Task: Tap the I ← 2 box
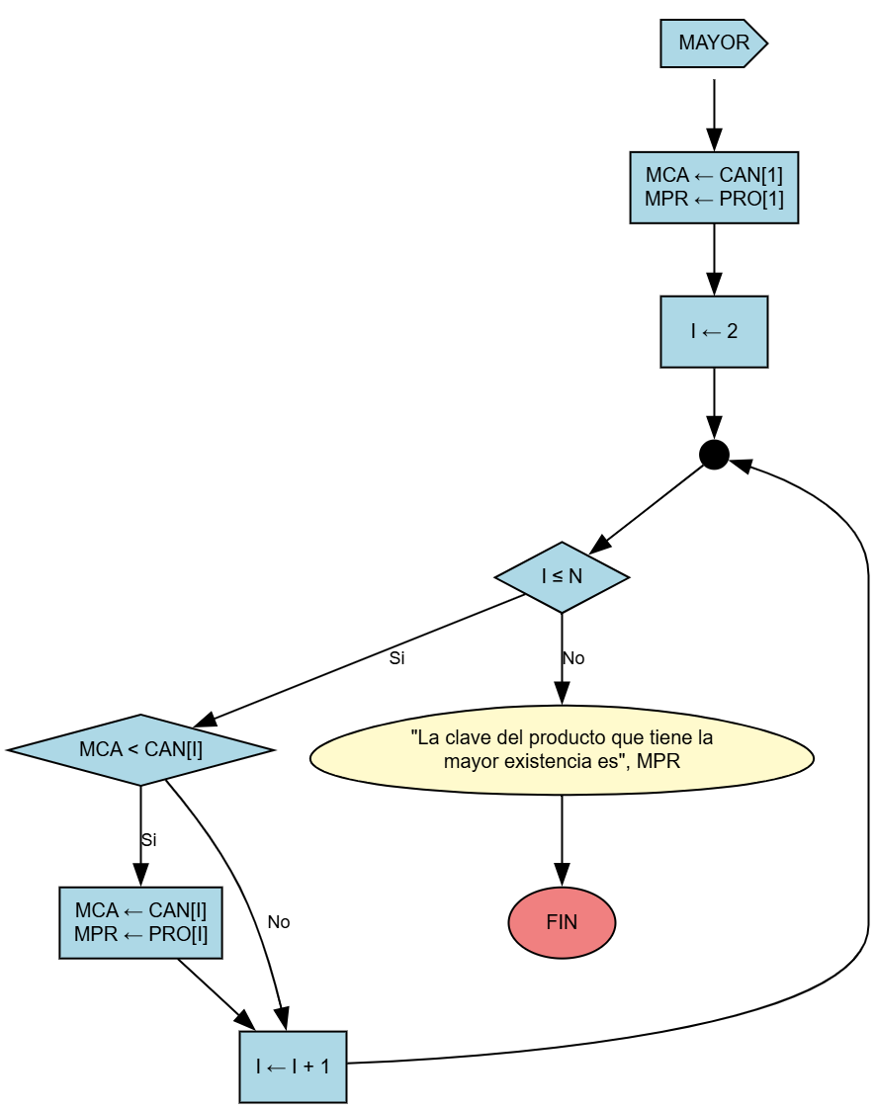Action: click(x=714, y=331)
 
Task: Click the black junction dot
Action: click(x=714, y=455)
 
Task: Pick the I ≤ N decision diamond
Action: click(x=562, y=577)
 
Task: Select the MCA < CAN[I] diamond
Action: click(x=140, y=749)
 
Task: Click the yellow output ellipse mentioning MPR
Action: click(x=562, y=749)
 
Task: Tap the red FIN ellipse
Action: click(x=562, y=922)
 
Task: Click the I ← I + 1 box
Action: click(x=293, y=1067)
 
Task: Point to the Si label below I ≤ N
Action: click(x=396, y=658)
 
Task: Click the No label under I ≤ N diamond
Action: click(x=573, y=658)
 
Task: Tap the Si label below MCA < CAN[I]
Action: click(x=148, y=840)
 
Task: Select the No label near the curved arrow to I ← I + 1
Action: click(x=279, y=922)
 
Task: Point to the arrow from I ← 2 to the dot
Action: click(x=714, y=403)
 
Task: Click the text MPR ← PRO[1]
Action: click(x=714, y=200)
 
